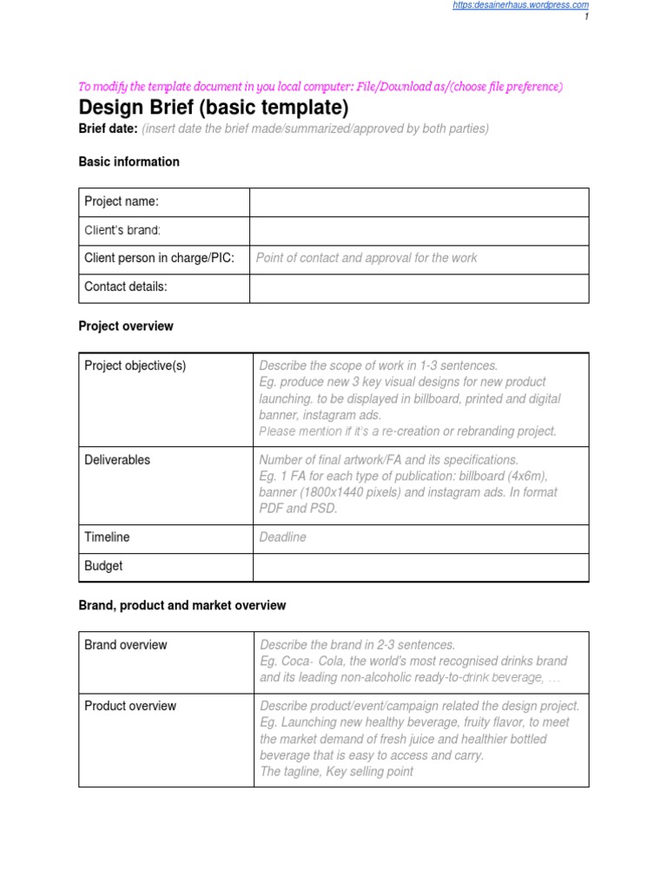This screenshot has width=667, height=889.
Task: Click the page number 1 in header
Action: tap(586, 16)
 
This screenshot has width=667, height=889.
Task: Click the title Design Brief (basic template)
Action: tap(213, 108)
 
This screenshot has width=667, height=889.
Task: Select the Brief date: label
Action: tap(108, 129)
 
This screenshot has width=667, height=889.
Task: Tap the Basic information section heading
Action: tap(129, 161)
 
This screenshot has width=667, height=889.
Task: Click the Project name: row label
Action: tap(121, 201)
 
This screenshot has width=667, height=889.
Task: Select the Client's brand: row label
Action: tap(122, 230)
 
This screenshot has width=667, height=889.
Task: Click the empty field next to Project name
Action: tap(419, 201)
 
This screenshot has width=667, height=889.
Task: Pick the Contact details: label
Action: tap(125, 286)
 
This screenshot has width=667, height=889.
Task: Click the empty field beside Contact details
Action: tap(419, 287)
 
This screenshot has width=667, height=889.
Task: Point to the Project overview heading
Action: tap(126, 326)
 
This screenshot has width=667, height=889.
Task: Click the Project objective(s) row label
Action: tap(135, 365)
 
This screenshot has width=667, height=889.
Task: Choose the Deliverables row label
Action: tap(117, 460)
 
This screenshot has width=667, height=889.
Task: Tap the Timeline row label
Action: tap(107, 537)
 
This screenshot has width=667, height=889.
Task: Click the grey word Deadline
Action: tap(282, 537)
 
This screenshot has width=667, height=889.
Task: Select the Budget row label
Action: tap(103, 566)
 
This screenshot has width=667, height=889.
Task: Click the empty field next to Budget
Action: tap(420, 567)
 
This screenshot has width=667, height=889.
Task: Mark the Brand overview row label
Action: tap(125, 645)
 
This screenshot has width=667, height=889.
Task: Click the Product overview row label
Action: tap(129, 706)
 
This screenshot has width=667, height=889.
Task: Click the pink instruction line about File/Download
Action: tap(320, 87)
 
